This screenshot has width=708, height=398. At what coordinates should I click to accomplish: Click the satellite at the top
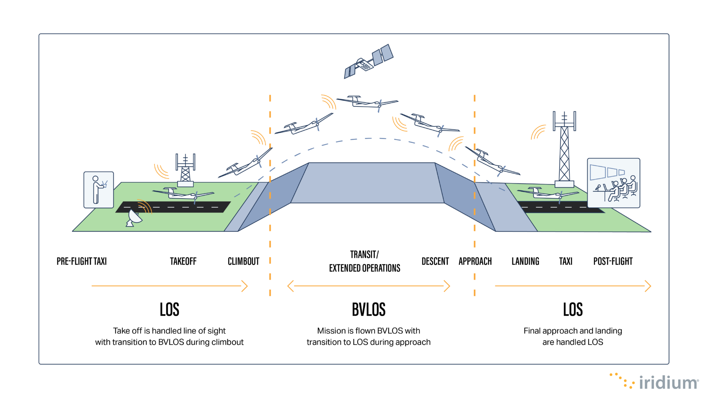coord(369,61)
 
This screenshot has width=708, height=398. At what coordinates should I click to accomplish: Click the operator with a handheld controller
coord(99,190)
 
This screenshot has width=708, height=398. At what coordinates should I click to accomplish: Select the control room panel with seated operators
coord(614,183)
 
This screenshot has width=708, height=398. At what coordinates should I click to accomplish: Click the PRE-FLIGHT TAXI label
coord(82,261)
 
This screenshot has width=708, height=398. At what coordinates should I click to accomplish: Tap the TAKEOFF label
coord(183,261)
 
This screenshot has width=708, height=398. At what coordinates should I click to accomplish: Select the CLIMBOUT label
coord(243,261)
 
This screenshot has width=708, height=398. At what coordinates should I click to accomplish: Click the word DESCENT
coord(435,261)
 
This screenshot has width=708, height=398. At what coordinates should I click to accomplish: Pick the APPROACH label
coord(475,261)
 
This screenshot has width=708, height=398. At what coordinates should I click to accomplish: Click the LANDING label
coord(525,261)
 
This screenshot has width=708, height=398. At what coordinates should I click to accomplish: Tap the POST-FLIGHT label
coord(613,261)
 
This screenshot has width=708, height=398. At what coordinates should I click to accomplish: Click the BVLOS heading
coord(369,309)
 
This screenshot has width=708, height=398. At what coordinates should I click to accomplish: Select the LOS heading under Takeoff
coord(169,309)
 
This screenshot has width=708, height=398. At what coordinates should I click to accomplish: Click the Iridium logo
coord(655,382)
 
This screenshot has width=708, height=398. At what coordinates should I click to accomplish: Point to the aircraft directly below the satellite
coord(367,102)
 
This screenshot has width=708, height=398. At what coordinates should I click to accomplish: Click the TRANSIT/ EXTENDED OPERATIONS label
coord(364,261)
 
